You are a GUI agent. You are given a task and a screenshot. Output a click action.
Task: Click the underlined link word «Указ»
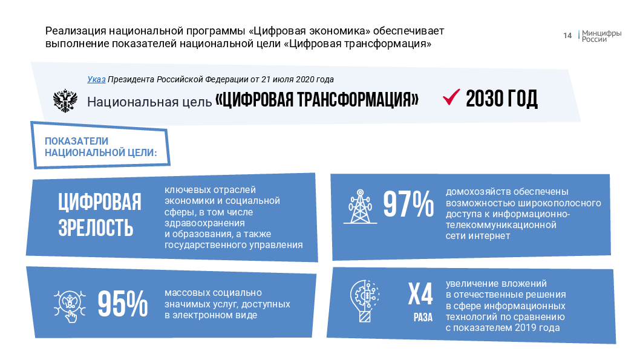click(x=96, y=80)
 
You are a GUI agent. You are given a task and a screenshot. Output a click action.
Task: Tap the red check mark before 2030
click(x=451, y=97)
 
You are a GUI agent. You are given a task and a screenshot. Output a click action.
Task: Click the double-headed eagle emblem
click(x=65, y=101)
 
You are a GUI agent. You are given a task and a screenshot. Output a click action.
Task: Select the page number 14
click(x=567, y=36)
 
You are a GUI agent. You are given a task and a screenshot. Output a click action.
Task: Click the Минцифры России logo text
click(x=602, y=36)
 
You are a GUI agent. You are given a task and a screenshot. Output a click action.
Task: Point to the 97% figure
click(x=408, y=204)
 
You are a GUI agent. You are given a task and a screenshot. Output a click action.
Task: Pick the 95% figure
click(x=122, y=304)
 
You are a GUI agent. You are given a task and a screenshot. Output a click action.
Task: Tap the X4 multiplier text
click(x=420, y=294)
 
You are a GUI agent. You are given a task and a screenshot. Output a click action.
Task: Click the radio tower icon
click(x=360, y=206)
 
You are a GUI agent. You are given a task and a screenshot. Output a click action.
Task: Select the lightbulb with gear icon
click(x=365, y=301)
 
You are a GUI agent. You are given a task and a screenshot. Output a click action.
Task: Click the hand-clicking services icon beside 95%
click(x=70, y=306)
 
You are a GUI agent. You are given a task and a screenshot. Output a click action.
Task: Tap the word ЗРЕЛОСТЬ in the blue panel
click(x=96, y=228)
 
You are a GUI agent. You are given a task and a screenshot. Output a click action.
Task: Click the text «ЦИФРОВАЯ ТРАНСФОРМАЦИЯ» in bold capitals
click(x=317, y=99)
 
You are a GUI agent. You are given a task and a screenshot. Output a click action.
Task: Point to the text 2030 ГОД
click(x=501, y=99)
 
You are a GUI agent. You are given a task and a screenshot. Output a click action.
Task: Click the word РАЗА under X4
click(x=423, y=318)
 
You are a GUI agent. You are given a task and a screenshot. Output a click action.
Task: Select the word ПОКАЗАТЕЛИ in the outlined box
click(x=76, y=141)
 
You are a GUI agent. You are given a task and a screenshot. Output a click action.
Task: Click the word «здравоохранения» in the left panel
click(x=204, y=223)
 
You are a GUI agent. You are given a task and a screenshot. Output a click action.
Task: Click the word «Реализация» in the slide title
click(x=76, y=31)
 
